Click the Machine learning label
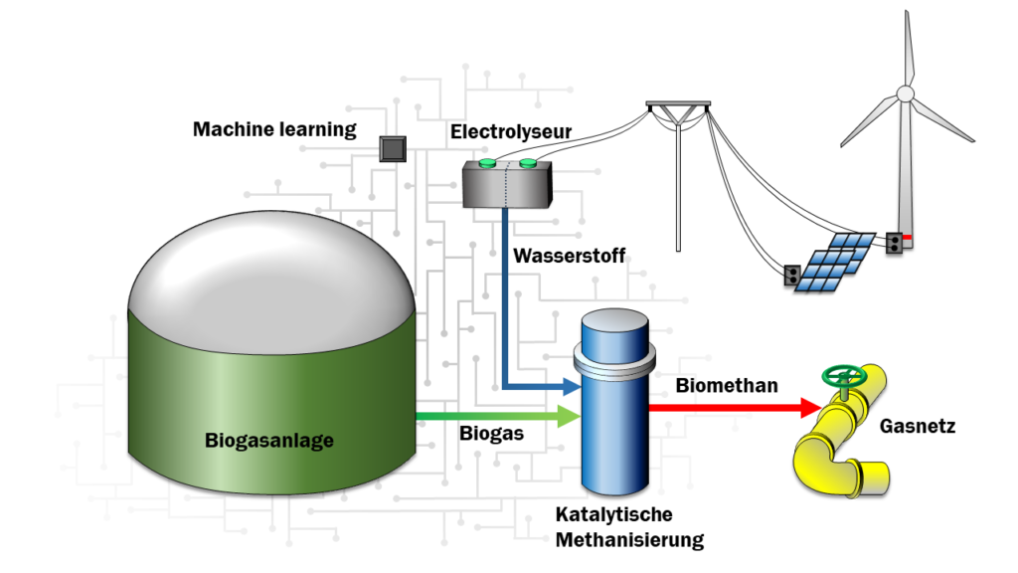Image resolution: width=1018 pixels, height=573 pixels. (274, 129)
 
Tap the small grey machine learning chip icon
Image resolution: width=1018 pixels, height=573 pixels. (394, 149)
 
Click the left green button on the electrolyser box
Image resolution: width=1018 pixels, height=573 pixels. (487, 163)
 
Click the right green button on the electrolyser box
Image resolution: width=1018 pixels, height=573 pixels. (526, 163)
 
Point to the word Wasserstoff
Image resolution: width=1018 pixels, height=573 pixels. (569, 256)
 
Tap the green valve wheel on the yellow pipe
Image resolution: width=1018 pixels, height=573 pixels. (845, 377)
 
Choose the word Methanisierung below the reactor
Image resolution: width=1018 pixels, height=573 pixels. (629, 540)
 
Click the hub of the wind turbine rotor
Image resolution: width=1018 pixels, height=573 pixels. (905, 94)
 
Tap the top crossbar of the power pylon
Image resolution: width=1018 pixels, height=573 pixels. (678, 104)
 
